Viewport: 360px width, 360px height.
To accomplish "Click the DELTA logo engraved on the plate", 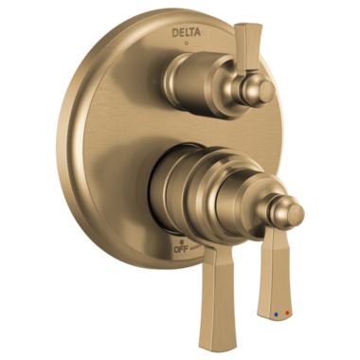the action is tap(186, 32).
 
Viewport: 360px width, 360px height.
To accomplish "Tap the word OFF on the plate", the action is tap(181, 249).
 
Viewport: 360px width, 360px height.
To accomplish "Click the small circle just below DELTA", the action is tap(186, 43).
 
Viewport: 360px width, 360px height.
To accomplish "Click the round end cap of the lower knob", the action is tap(296, 213).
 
